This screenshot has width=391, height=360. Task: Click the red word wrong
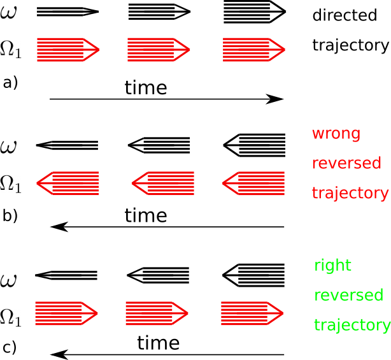pyautogui.click(x=336, y=134)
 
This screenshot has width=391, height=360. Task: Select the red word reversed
pyautogui.click(x=346, y=164)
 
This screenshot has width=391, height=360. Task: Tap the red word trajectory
pyautogui.click(x=350, y=193)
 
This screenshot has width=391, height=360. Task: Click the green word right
pyautogui.click(x=332, y=266)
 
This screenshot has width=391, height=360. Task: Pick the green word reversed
pyautogui.click(x=348, y=296)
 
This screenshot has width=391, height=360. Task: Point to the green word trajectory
pyautogui.click(x=352, y=325)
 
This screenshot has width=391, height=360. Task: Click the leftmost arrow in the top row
pyautogui.click(x=68, y=50)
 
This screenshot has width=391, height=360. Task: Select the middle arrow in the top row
pyautogui.click(x=158, y=50)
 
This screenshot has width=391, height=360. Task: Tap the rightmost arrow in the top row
pyautogui.click(x=253, y=50)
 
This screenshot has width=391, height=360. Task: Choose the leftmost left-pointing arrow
pyautogui.click(x=68, y=184)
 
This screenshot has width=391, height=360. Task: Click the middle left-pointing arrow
pyautogui.click(x=163, y=184)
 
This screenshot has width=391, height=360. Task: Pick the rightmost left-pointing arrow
pyautogui.click(x=253, y=184)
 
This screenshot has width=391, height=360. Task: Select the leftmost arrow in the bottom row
pyautogui.click(x=66, y=313)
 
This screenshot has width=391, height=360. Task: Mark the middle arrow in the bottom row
pyautogui.click(x=156, y=313)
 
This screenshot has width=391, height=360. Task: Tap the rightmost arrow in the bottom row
pyautogui.click(x=252, y=313)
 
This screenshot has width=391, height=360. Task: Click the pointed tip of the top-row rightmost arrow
pyautogui.click(x=284, y=50)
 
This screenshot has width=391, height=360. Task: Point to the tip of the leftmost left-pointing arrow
pyautogui.click(x=38, y=184)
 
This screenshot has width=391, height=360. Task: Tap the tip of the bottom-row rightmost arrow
pyautogui.click(x=283, y=313)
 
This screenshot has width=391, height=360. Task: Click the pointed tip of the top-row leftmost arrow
pyautogui.click(x=99, y=50)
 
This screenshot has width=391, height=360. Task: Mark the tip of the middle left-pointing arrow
pyautogui.click(x=132, y=184)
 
